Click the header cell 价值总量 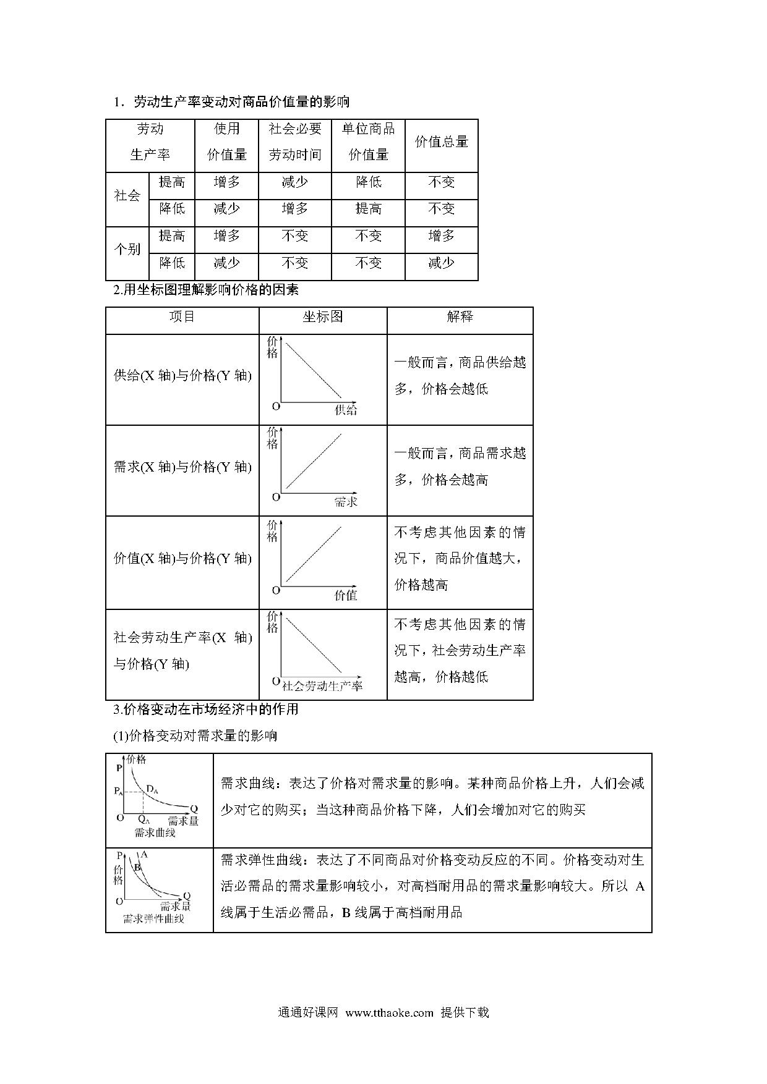(x=441, y=142)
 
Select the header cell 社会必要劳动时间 (x=295, y=142)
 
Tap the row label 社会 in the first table (x=127, y=196)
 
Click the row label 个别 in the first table (x=127, y=250)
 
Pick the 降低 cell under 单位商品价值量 (x=368, y=182)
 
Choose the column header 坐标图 (x=322, y=317)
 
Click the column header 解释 (x=460, y=317)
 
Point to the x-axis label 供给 (x=346, y=410)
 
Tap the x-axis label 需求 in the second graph (x=346, y=501)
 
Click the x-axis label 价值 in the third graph (x=346, y=595)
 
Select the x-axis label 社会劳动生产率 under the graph (x=322, y=685)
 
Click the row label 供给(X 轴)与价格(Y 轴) (x=182, y=376)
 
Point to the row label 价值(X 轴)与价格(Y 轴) (x=182, y=559)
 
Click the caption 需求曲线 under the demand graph (x=155, y=832)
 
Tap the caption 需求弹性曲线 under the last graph (x=153, y=919)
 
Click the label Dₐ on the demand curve (x=152, y=790)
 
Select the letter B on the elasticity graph (x=137, y=868)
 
